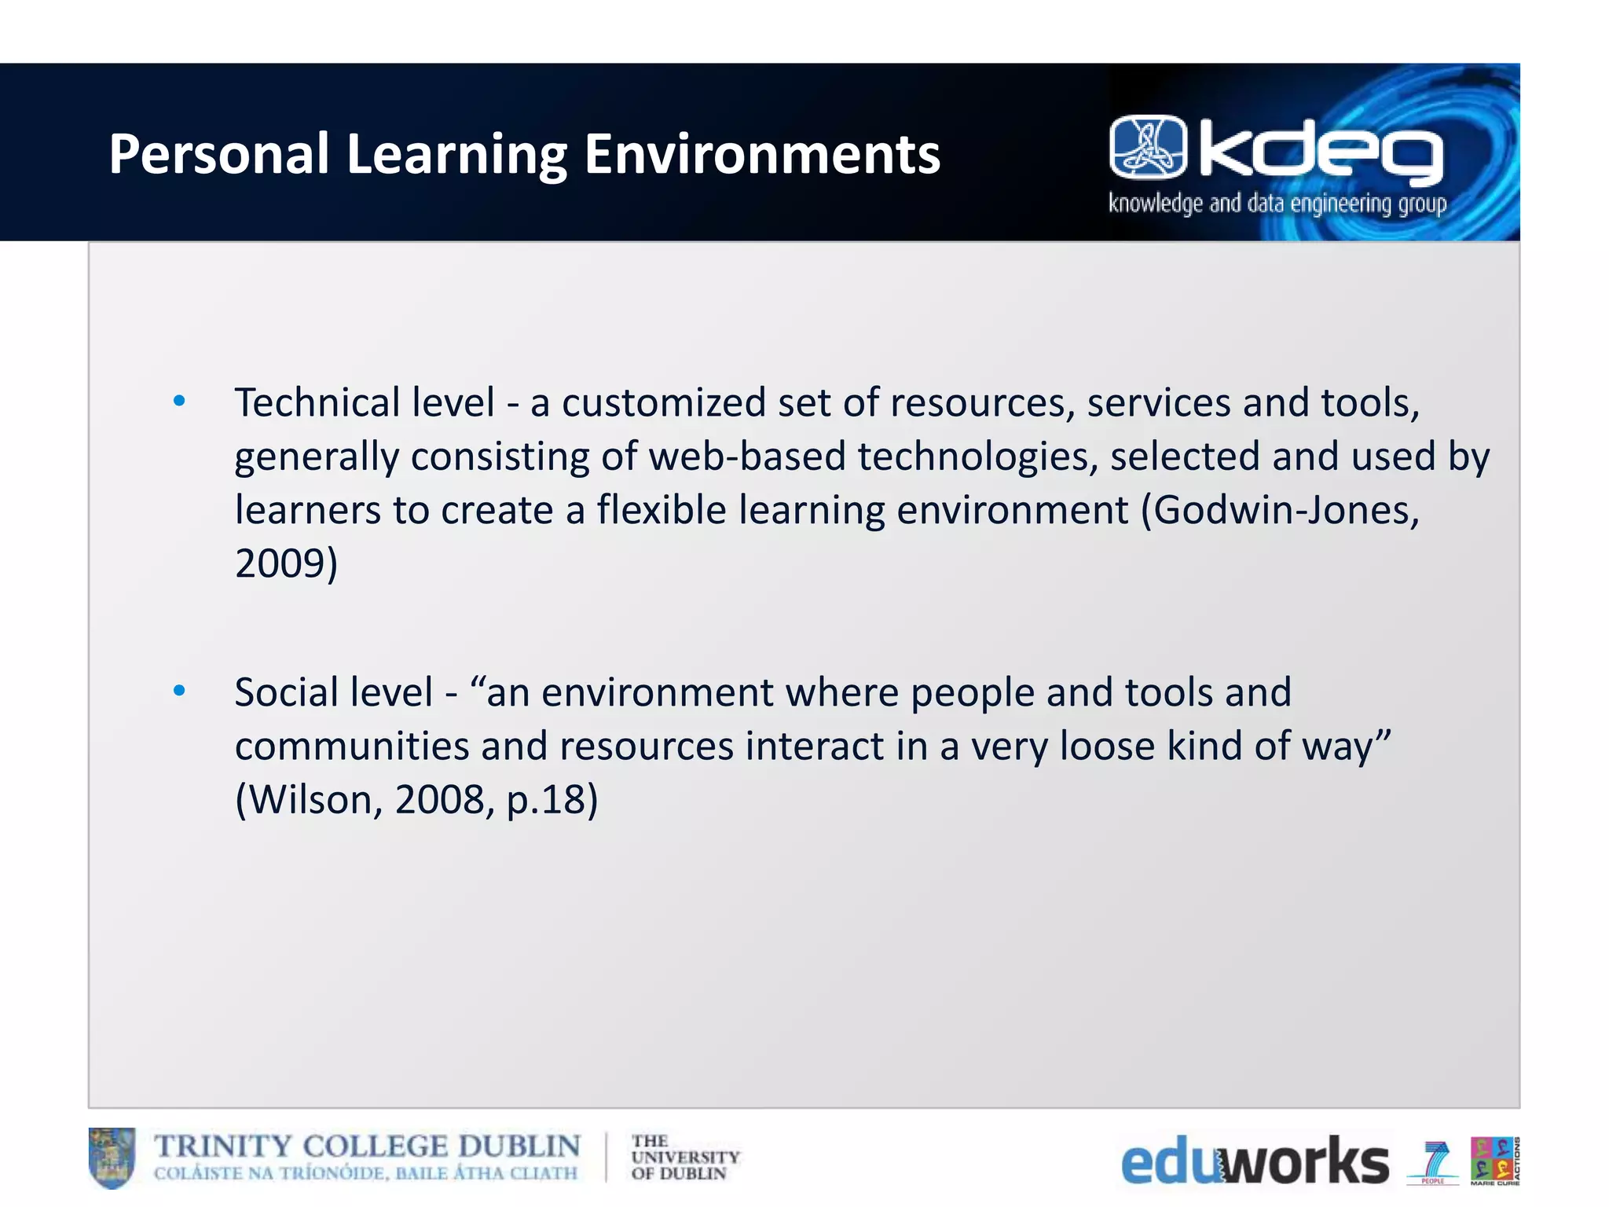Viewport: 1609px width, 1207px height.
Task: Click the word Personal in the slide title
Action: (218, 154)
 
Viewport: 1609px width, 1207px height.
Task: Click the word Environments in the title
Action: (761, 154)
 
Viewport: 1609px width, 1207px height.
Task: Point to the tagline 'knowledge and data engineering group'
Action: (1277, 204)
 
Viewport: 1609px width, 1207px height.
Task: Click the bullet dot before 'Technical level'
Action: (179, 402)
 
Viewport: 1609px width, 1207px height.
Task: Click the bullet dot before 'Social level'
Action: (179, 692)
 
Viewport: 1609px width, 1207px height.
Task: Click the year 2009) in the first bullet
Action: (286, 564)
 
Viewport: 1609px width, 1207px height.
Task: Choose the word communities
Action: (351, 747)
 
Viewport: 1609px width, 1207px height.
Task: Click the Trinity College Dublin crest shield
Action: (112, 1157)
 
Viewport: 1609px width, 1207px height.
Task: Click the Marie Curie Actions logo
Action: (1494, 1160)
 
